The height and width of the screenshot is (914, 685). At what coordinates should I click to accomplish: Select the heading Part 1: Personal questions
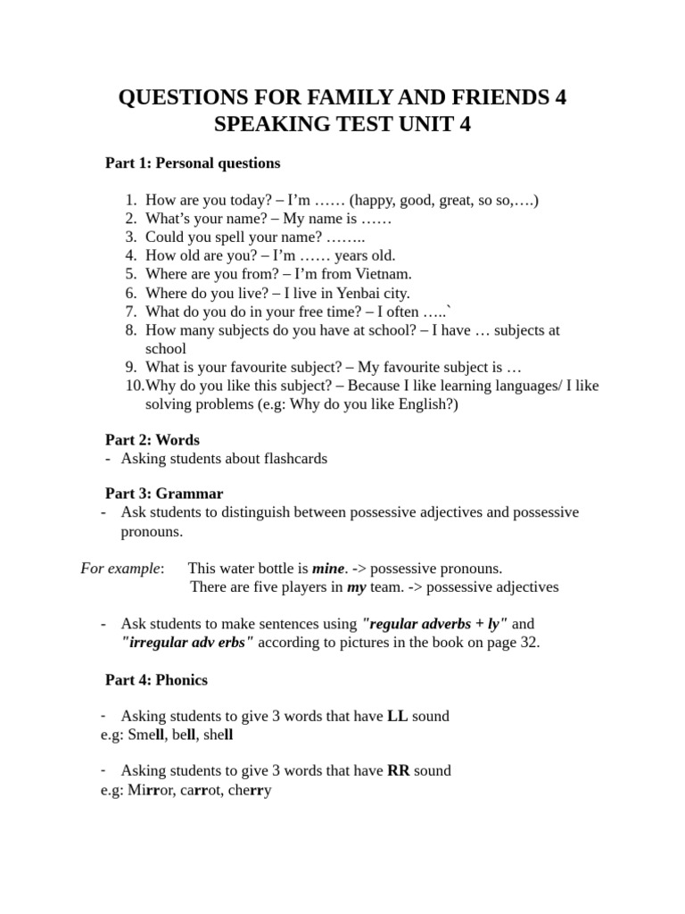tap(193, 163)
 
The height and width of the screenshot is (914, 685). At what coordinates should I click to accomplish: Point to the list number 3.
tap(130, 237)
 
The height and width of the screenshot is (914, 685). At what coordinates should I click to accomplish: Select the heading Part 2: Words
tap(153, 440)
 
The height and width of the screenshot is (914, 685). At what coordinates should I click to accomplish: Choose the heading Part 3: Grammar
tap(164, 494)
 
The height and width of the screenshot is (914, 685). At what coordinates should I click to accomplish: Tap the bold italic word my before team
tap(356, 586)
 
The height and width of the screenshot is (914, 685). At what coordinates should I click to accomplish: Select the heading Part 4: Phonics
tap(156, 680)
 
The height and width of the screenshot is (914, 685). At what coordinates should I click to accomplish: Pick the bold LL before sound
tap(397, 716)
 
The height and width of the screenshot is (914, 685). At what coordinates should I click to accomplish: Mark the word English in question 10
tap(425, 403)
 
